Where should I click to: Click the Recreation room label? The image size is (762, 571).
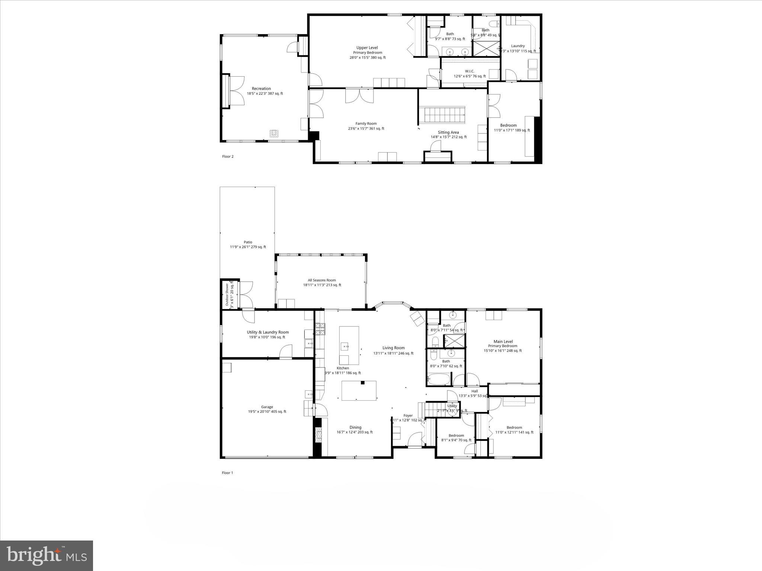coord(261,89)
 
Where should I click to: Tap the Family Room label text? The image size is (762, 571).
coord(366,124)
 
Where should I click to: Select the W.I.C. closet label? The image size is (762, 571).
coord(470,71)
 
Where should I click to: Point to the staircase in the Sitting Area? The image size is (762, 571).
coord(442,116)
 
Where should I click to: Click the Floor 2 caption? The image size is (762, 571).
coord(228,157)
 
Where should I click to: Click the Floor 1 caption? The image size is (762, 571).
coord(227,473)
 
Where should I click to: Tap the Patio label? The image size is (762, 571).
coord(248,242)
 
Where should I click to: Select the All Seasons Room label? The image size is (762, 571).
coord(322,280)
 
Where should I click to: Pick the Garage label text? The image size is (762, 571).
coord(267,407)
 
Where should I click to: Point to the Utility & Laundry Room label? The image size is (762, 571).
coord(268,332)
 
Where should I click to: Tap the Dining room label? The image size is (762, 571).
coord(355,428)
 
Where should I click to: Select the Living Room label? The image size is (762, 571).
coord(393,348)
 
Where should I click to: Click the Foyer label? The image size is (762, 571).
coord(408,416)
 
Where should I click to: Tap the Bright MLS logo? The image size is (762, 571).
coord(47,556)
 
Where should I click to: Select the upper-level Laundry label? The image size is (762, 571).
coord(518,46)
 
